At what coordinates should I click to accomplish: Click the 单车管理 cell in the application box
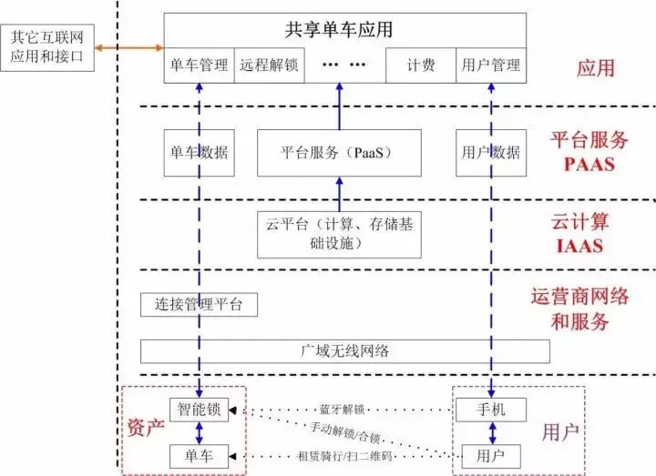click(200, 66)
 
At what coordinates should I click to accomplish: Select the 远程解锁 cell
click(269, 66)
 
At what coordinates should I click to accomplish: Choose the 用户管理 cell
click(491, 66)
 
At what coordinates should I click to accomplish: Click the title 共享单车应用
click(345, 29)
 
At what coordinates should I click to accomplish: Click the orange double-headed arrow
click(129, 47)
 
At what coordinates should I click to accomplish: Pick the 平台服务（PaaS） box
click(340, 152)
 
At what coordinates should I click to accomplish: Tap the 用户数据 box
click(491, 152)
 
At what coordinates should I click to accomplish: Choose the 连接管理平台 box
click(200, 305)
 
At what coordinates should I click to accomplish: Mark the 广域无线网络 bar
click(345, 351)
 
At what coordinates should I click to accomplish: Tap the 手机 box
click(491, 410)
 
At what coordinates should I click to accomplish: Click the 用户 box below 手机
click(491, 454)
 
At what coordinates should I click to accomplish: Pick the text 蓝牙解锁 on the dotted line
click(342, 410)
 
